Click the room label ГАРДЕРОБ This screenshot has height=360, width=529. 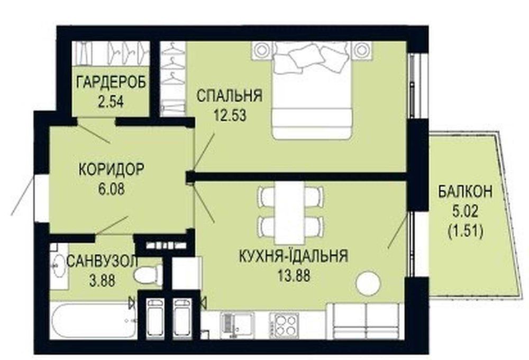[x=111, y=82]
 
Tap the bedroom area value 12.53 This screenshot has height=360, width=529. [x=230, y=115]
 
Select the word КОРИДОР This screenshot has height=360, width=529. [x=111, y=169]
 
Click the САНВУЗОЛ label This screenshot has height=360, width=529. [x=102, y=261]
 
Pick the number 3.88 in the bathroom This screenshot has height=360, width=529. [x=102, y=280]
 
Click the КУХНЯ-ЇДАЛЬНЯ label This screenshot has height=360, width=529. [x=293, y=256]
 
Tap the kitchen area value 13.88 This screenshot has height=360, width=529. [x=294, y=276]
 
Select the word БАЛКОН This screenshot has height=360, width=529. [x=465, y=192]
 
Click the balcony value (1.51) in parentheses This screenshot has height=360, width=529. [x=466, y=232]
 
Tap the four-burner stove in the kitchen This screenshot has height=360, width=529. [x=284, y=323]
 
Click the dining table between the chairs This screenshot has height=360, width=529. [x=289, y=213]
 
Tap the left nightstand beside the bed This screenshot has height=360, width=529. [x=261, y=49]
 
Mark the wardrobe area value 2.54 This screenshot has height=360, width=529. [x=111, y=101]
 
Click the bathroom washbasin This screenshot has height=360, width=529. [x=58, y=266]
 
